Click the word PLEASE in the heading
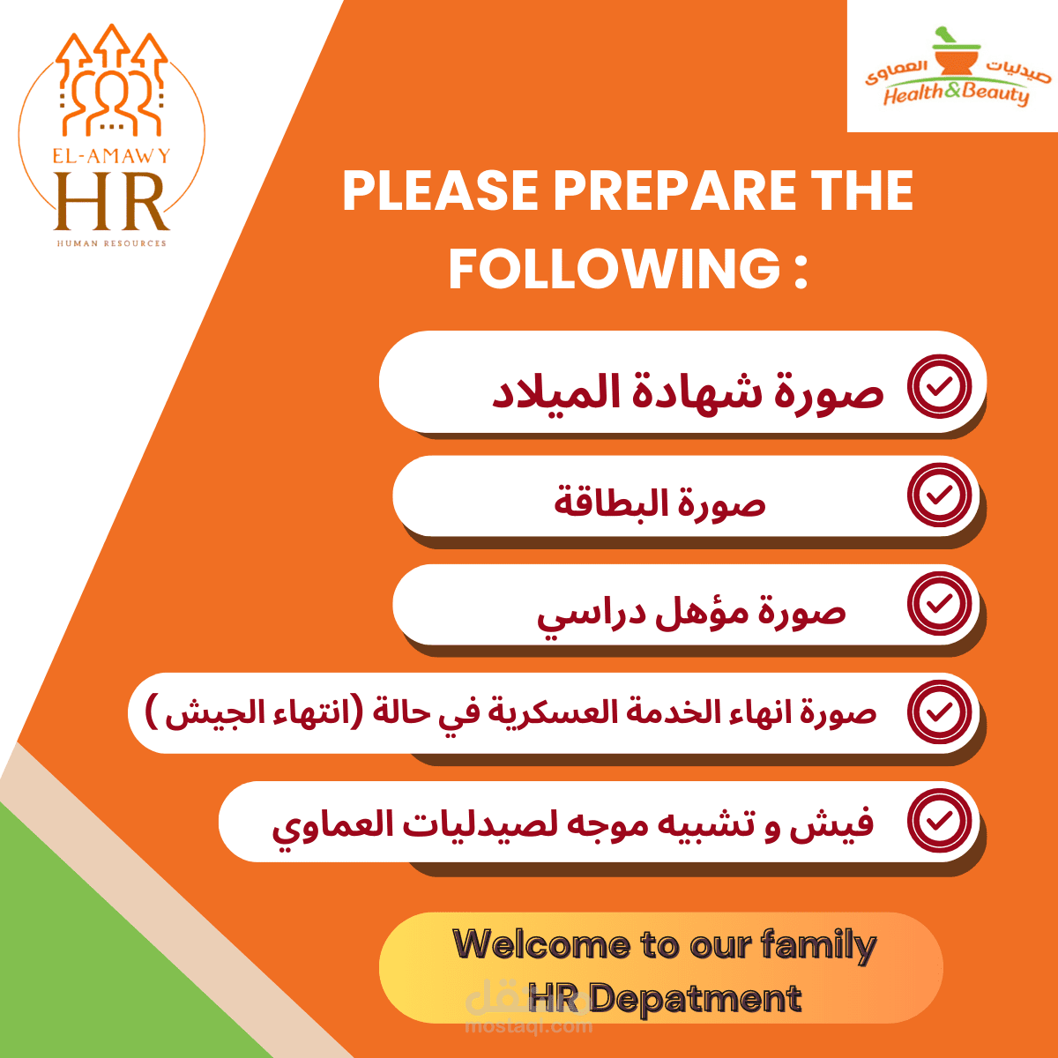[441, 190]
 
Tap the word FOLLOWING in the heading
[615, 269]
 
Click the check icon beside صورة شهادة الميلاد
[939, 386]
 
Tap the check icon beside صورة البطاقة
[939, 495]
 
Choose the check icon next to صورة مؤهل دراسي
[939, 604]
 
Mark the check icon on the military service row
[939, 712]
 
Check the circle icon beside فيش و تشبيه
[939, 821]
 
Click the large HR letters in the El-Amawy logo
[111, 202]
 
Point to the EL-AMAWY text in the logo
[111, 156]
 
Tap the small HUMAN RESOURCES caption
[111, 243]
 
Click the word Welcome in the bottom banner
[540, 945]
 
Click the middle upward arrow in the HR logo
[111, 47]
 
